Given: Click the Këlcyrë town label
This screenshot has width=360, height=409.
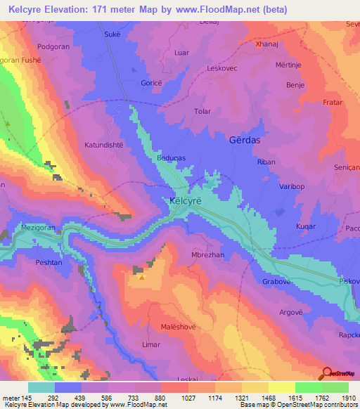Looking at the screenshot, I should [x=186, y=200].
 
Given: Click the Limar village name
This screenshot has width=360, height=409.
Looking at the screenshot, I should [x=152, y=345].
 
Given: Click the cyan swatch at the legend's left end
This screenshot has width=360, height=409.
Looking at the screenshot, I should [x=41, y=387].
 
